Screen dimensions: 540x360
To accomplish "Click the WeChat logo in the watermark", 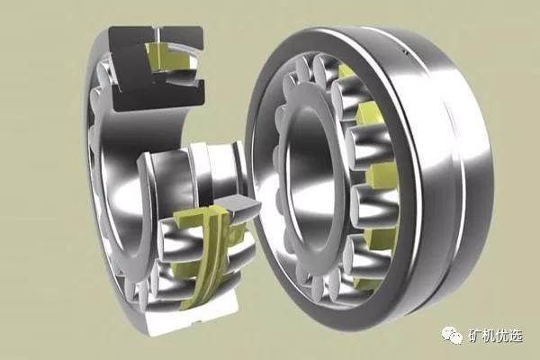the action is [452, 335].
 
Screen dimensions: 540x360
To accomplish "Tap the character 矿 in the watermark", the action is [474, 335].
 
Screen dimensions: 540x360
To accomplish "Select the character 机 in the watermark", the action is [489, 335].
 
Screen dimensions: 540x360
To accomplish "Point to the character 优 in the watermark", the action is [502, 335].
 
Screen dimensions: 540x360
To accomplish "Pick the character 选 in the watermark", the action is [516, 335].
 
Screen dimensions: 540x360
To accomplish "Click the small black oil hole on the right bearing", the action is [405, 52].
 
